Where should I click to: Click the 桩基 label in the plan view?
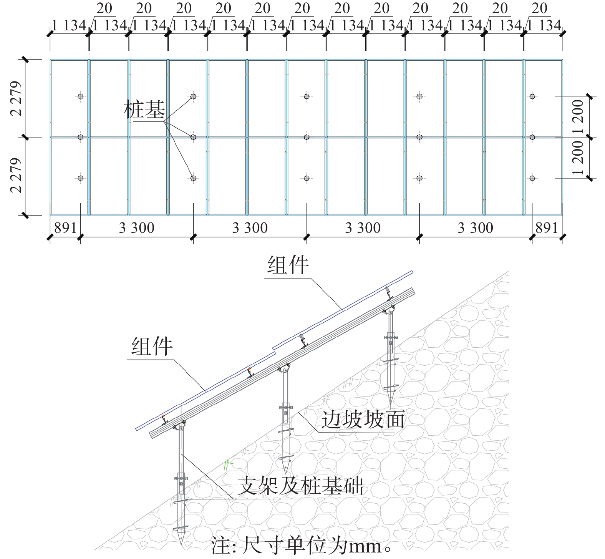tap(144, 109)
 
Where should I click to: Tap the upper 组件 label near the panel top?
tap(288, 265)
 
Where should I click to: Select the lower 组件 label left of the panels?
tap(152, 346)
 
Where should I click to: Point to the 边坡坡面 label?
tap(363, 419)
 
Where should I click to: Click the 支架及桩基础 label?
tap(300, 486)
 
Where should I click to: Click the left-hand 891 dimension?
tap(65, 228)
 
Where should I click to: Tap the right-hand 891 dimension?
tap(547, 228)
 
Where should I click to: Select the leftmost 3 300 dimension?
tap(137, 228)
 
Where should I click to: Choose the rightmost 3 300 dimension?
tap(476, 228)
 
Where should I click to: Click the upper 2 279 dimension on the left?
tap(17, 98)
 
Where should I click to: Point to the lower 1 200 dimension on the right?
tap(578, 158)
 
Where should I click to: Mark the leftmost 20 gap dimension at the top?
tap(104, 8)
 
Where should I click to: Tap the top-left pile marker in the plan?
tap(80, 96)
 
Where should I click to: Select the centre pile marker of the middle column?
tap(307, 137)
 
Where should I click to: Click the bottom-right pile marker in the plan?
tap(532, 178)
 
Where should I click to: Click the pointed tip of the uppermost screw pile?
tap(391, 407)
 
